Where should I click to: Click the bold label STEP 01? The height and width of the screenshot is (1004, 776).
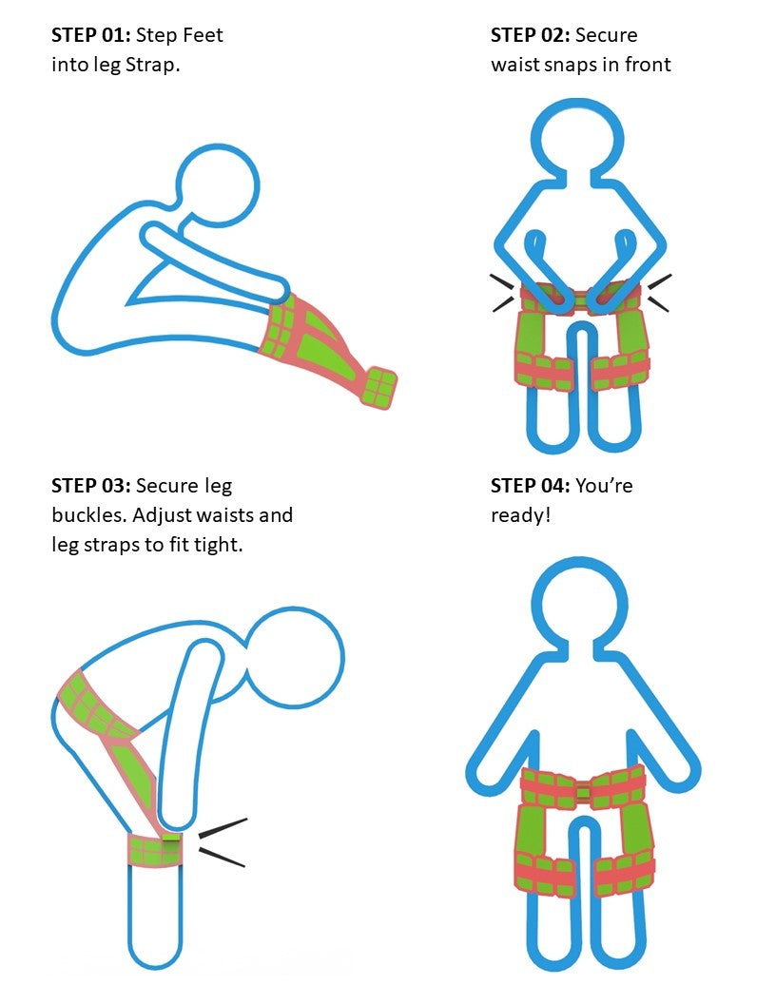(x=91, y=34)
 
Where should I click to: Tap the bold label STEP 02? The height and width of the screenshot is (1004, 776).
(x=530, y=34)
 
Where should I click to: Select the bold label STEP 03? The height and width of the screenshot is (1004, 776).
(x=91, y=485)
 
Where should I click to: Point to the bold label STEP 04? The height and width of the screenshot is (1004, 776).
(x=530, y=485)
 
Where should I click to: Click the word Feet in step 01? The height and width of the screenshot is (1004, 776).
(x=203, y=34)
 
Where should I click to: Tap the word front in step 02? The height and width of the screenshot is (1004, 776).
(x=648, y=65)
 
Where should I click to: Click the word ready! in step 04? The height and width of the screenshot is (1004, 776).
(x=520, y=515)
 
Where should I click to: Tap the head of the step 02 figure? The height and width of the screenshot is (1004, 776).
(x=577, y=141)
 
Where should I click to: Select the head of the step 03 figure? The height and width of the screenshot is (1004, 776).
(x=295, y=658)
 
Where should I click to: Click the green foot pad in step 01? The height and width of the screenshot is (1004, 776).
(x=379, y=387)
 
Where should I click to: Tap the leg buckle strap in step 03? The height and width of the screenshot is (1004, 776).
(x=156, y=850)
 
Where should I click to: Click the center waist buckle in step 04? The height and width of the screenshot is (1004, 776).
(x=583, y=792)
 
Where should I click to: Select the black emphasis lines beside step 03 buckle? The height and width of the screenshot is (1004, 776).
(x=223, y=842)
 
